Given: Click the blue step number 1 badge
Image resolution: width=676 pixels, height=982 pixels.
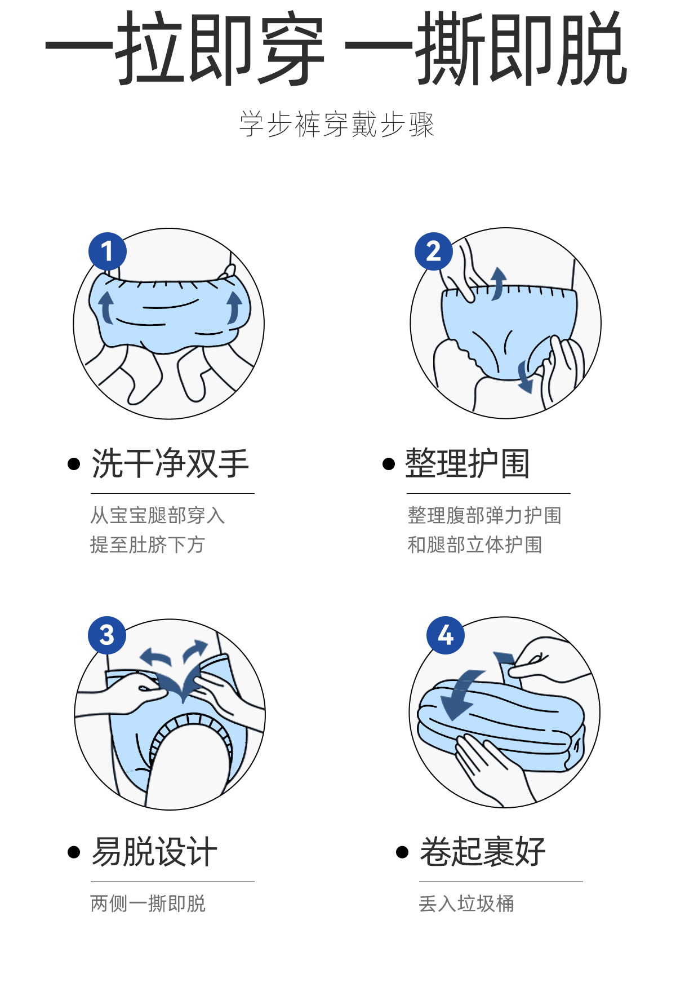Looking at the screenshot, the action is (107, 251).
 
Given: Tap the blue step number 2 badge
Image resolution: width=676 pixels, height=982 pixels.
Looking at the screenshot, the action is (433, 251).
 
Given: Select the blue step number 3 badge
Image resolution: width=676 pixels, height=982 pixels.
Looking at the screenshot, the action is (107, 635).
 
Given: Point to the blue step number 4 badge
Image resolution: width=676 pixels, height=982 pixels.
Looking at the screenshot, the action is (446, 635).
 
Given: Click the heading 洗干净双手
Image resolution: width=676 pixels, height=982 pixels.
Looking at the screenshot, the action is (170, 464).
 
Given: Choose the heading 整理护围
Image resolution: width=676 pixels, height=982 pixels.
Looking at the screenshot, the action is (468, 464).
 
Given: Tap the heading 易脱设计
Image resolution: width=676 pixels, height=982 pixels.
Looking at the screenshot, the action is (154, 851).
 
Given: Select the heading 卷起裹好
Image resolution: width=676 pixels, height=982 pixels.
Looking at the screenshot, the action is (483, 851).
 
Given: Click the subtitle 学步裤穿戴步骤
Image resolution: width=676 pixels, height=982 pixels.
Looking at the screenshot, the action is (337, 125).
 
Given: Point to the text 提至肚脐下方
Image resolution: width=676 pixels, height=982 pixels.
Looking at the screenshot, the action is (148, 545).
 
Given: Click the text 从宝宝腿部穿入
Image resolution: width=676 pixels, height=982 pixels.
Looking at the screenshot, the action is (158, 515).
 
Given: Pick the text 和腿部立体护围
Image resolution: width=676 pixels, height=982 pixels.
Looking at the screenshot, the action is (475, 545).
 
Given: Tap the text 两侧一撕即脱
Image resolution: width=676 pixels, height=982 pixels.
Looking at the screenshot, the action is (148, 904).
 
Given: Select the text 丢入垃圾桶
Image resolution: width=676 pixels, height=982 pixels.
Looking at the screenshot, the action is (466, 904).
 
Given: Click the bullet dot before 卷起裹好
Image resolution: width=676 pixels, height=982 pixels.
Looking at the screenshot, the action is (402, 852).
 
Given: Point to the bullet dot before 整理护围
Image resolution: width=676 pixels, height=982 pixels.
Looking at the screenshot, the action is (389, 464).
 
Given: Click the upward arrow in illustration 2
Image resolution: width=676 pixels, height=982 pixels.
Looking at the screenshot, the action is (498, 283).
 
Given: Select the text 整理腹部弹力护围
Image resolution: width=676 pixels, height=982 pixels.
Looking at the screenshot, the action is (484, 515).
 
